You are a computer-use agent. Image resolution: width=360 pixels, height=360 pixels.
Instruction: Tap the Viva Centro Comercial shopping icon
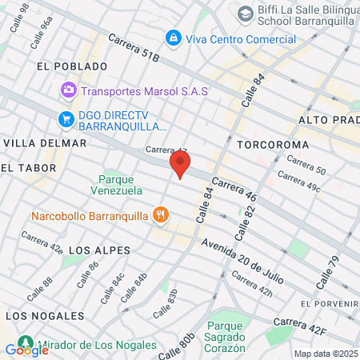pyautogui.click(x=172, y=38)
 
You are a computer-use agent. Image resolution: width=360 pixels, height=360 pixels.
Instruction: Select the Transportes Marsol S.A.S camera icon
pyautogui.click(x=69, y=90)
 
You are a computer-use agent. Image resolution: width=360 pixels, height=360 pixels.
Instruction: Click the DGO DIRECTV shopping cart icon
pyautogui.click(x=66, y=119)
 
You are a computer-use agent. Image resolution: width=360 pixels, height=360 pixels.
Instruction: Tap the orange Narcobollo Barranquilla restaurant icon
pyautogui.click(x=162, y=214)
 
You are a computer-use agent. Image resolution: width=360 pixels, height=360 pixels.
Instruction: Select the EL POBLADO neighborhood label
pyautogui.click(x=72, y=66)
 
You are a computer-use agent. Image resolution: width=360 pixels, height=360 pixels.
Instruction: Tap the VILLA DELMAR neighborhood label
pyautogui.click(x=45, y=143)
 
